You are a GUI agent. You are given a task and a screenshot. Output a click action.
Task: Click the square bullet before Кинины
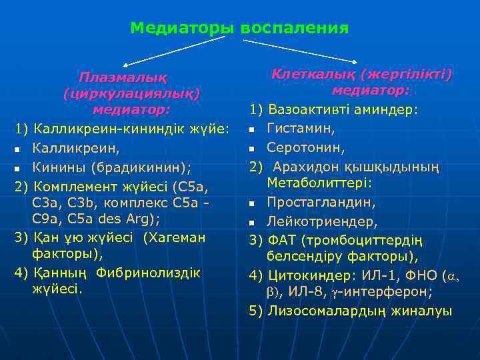(18, 165)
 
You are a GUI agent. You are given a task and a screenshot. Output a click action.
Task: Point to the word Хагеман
(175, 237)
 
